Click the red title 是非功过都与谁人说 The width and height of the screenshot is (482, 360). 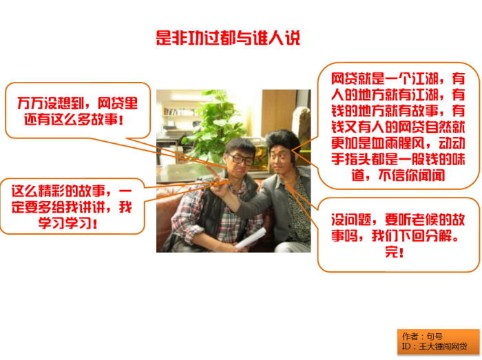[x=228, y=38]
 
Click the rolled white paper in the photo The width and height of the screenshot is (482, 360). [x=251, y=237]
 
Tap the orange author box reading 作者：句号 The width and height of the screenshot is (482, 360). [x=438, y=341]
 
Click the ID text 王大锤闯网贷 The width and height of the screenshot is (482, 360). [x=443, y=347]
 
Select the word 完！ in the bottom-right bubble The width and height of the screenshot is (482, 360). [x=395, y=252]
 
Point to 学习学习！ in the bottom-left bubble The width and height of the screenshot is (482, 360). [x=68, y=223]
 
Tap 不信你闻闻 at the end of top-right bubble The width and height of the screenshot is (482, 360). [x=412, y=176]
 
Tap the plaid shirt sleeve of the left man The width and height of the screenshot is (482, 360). [x=184, y=214]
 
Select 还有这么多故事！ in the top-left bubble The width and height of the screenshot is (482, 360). [x=74, y=119]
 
